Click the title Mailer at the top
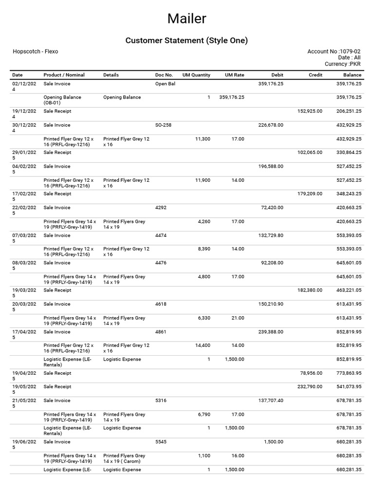pyautogui.click(x=187, y=19)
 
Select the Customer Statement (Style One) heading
pyautogui.click(x=187, y=40)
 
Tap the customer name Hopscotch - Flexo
pyautogui.click(x=35, y=52)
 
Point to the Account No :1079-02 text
pyautogui.click(x=334, y=52)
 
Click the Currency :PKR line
pyautogui.click(x=342, y=64)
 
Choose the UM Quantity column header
pyautogui.click(x=196, y=75)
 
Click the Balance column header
pyautogui.click(x=352, y=75)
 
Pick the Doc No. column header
pyautogui.click(x=164, y=75)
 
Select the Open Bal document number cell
pyautogui.click(x=165, y=84)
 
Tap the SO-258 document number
pyautogui.click(x=163, y=125)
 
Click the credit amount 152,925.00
pyautogui.click(x=310, y=112)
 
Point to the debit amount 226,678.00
pyautogui.click(x=270, y=125)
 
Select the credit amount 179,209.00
pyautogui.click(x=310, y=194)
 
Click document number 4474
pyautogui.click(x=161, y=235)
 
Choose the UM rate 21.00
pyautogui.click(x=238, y=318)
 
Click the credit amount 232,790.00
pyautogui.click(x=310, y=387)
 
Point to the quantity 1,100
pyautogui.click(x=204, y=456)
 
